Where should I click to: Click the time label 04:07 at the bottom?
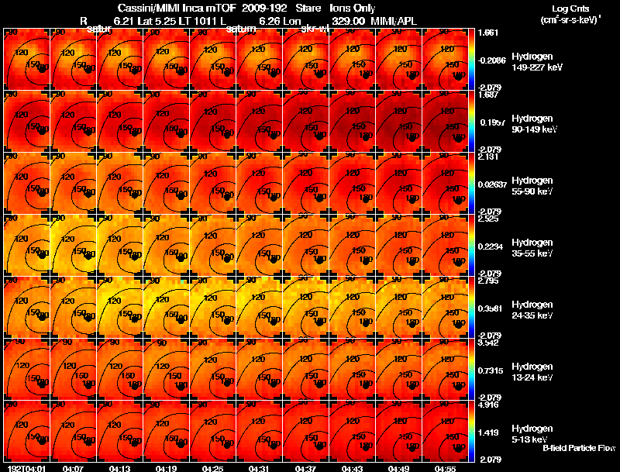click(x=74, y=467)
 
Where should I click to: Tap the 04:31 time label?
click(x=260, y=467)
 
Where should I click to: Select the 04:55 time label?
click(x=445, y=467)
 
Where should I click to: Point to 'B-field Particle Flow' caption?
click(x=578, y=448)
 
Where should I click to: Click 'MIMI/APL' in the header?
click(x=395, y=21)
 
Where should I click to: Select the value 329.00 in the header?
click(x=348, y=21)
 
